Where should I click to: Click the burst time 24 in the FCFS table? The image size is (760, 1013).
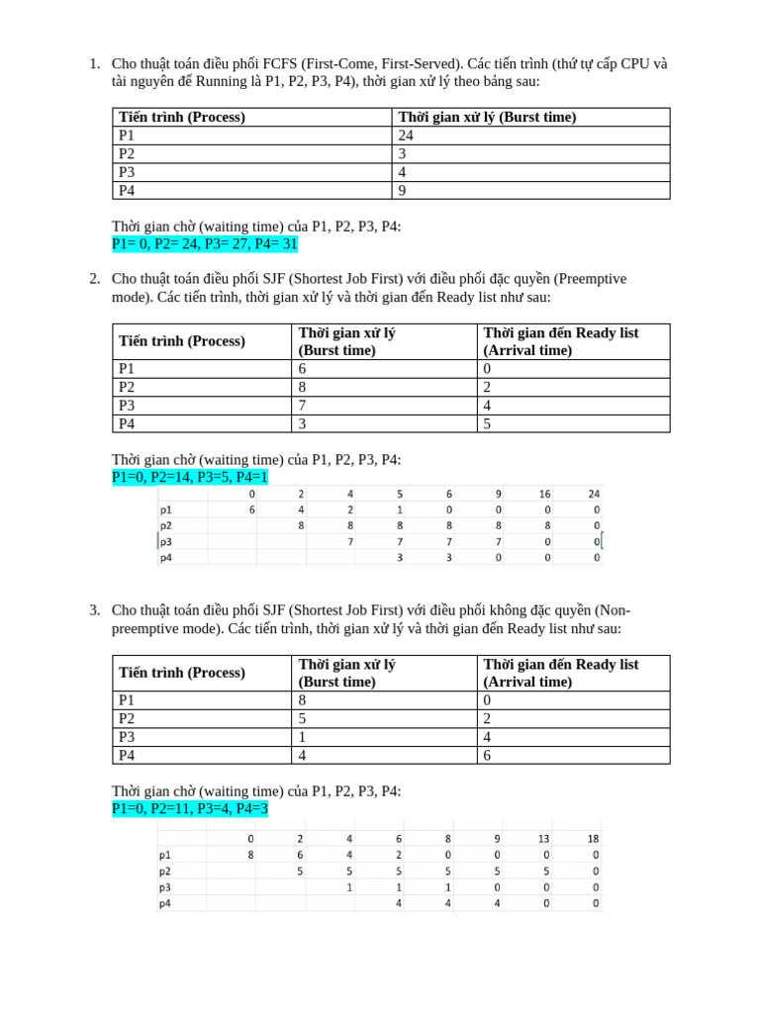coord(406,136)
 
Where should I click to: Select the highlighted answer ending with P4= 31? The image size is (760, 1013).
coord(204,244)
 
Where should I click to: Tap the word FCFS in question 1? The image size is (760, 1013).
coord(282,63)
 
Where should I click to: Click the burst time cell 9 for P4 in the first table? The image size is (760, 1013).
coord(403,190)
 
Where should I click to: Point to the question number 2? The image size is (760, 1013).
coord(94,279)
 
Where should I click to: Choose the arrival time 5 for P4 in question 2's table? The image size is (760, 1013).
coord(487,423)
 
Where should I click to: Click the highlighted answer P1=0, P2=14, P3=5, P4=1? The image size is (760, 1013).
coord(190,478)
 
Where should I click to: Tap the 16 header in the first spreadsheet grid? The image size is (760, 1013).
coord(543,494)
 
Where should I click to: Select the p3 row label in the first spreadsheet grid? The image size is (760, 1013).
coord(165,541)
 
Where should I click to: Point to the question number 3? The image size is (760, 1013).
coord(94,610)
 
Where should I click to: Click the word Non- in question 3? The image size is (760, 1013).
coord(614,610)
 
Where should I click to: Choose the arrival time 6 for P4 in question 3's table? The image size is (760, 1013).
coord(487,755)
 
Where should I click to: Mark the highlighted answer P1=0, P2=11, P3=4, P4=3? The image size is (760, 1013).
coord(190,809)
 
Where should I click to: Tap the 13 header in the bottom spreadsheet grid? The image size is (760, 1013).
coord(543,838)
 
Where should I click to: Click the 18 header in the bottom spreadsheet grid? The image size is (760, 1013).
coord(593,838)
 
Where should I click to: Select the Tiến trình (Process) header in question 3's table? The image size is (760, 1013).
coord(182,673)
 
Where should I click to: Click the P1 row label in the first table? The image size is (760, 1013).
coord(127,136)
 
